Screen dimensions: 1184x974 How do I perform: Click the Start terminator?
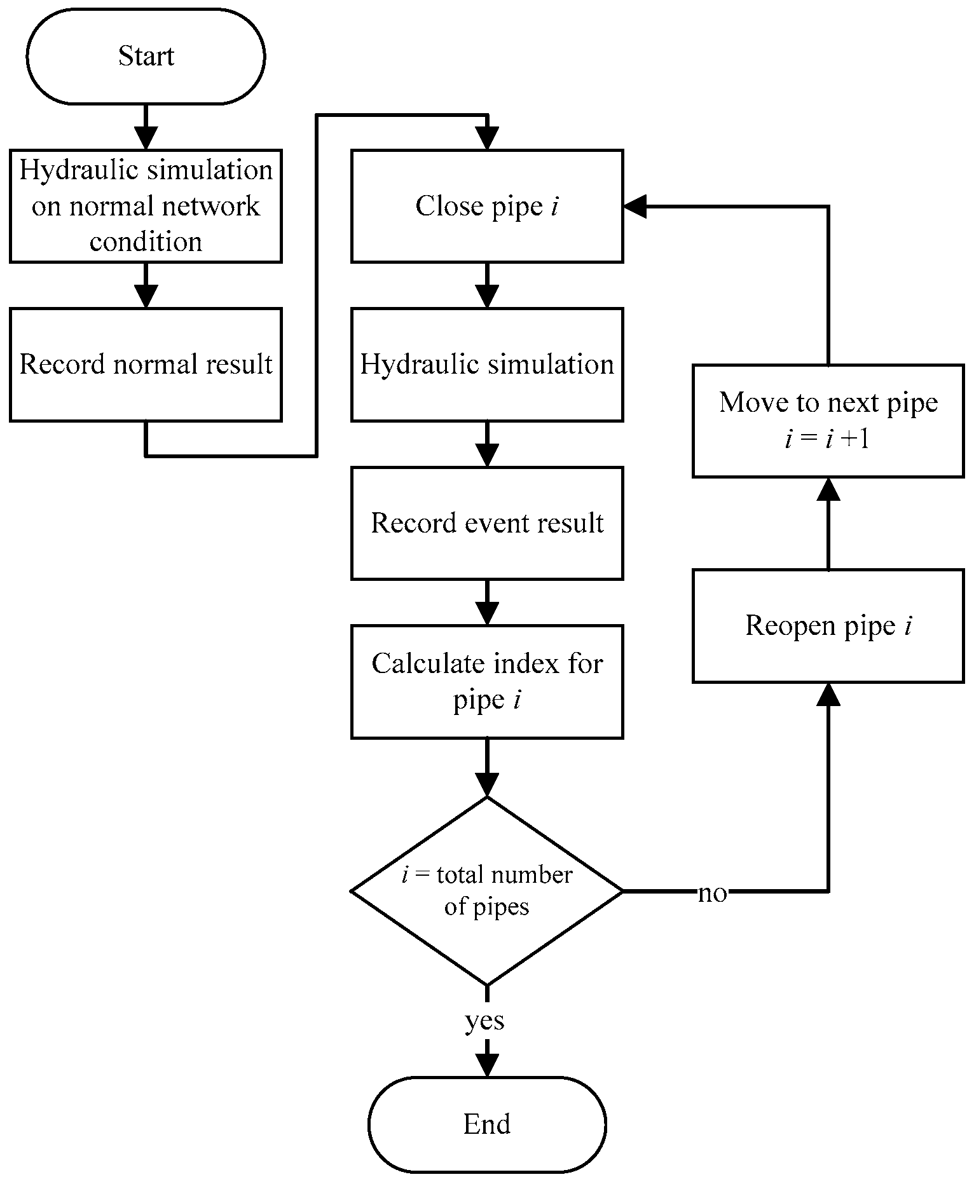pos(146,57)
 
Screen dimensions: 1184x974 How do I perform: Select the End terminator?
pos(487,1124)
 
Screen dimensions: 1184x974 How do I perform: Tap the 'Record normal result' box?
pos(146,364)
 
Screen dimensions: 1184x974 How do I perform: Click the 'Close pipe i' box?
pos(487,206)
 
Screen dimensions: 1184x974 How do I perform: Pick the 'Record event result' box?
pos(487,523)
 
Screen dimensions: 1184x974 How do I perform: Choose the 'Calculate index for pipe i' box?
pos(487,681)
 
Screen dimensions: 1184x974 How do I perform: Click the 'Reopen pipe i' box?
pos(828,626)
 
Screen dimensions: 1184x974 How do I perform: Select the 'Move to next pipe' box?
pos(828,420)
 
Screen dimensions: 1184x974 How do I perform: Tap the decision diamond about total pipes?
pos(487,891)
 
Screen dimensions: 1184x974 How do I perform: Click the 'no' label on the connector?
pos(712,894)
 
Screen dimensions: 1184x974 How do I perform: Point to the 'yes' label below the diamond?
pos(484,1021)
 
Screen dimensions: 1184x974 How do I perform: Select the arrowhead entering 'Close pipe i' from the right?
pos(634,206)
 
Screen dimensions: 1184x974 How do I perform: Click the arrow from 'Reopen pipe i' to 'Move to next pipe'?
pos(828,523)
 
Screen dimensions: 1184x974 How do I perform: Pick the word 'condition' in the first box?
pos(146,242)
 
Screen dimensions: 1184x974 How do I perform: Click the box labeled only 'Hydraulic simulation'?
pos(487,364)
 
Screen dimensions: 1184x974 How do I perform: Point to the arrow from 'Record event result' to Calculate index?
pos(487,602)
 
